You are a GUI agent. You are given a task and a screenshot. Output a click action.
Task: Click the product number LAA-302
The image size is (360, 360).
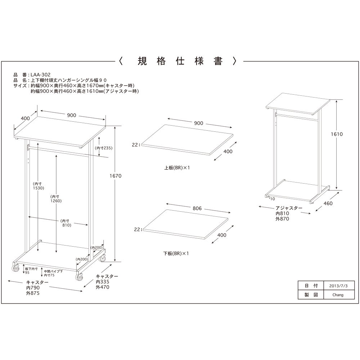[40, 75]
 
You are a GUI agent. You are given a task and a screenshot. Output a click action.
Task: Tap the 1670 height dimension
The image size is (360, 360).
[115, 176]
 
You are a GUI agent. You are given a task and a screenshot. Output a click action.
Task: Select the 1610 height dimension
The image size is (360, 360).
[337, 134]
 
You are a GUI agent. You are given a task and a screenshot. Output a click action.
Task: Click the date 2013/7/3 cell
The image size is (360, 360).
[338, 286]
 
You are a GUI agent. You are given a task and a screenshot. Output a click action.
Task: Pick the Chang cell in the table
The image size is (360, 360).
[338, 295]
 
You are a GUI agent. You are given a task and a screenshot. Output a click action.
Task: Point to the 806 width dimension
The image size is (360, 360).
[197, 208]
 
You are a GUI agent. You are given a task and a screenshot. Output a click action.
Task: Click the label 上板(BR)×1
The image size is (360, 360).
[177, 168]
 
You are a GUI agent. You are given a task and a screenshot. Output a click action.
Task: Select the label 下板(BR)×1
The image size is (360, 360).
[176, 253]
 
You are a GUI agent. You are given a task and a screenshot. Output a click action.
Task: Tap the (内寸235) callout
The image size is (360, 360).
[104, 148]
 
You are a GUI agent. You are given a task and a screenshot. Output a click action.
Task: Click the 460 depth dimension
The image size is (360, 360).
[328, 203]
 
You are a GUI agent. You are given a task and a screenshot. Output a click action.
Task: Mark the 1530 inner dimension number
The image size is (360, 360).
[39, 188]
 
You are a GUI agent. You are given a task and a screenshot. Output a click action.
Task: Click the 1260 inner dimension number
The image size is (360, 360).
[56, 201]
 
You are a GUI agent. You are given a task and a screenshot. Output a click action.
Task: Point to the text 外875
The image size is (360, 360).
[33, 293]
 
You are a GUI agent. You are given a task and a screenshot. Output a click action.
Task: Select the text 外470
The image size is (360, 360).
[103, 287]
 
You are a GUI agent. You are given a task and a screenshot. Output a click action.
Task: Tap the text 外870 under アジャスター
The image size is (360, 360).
[282, 219]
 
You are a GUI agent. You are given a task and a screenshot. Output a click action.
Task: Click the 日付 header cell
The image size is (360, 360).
[311, 286]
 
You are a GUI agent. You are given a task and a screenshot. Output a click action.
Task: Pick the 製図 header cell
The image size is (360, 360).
[311, 295]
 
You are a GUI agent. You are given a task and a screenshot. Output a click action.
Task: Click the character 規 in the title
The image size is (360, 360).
[142, 61]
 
